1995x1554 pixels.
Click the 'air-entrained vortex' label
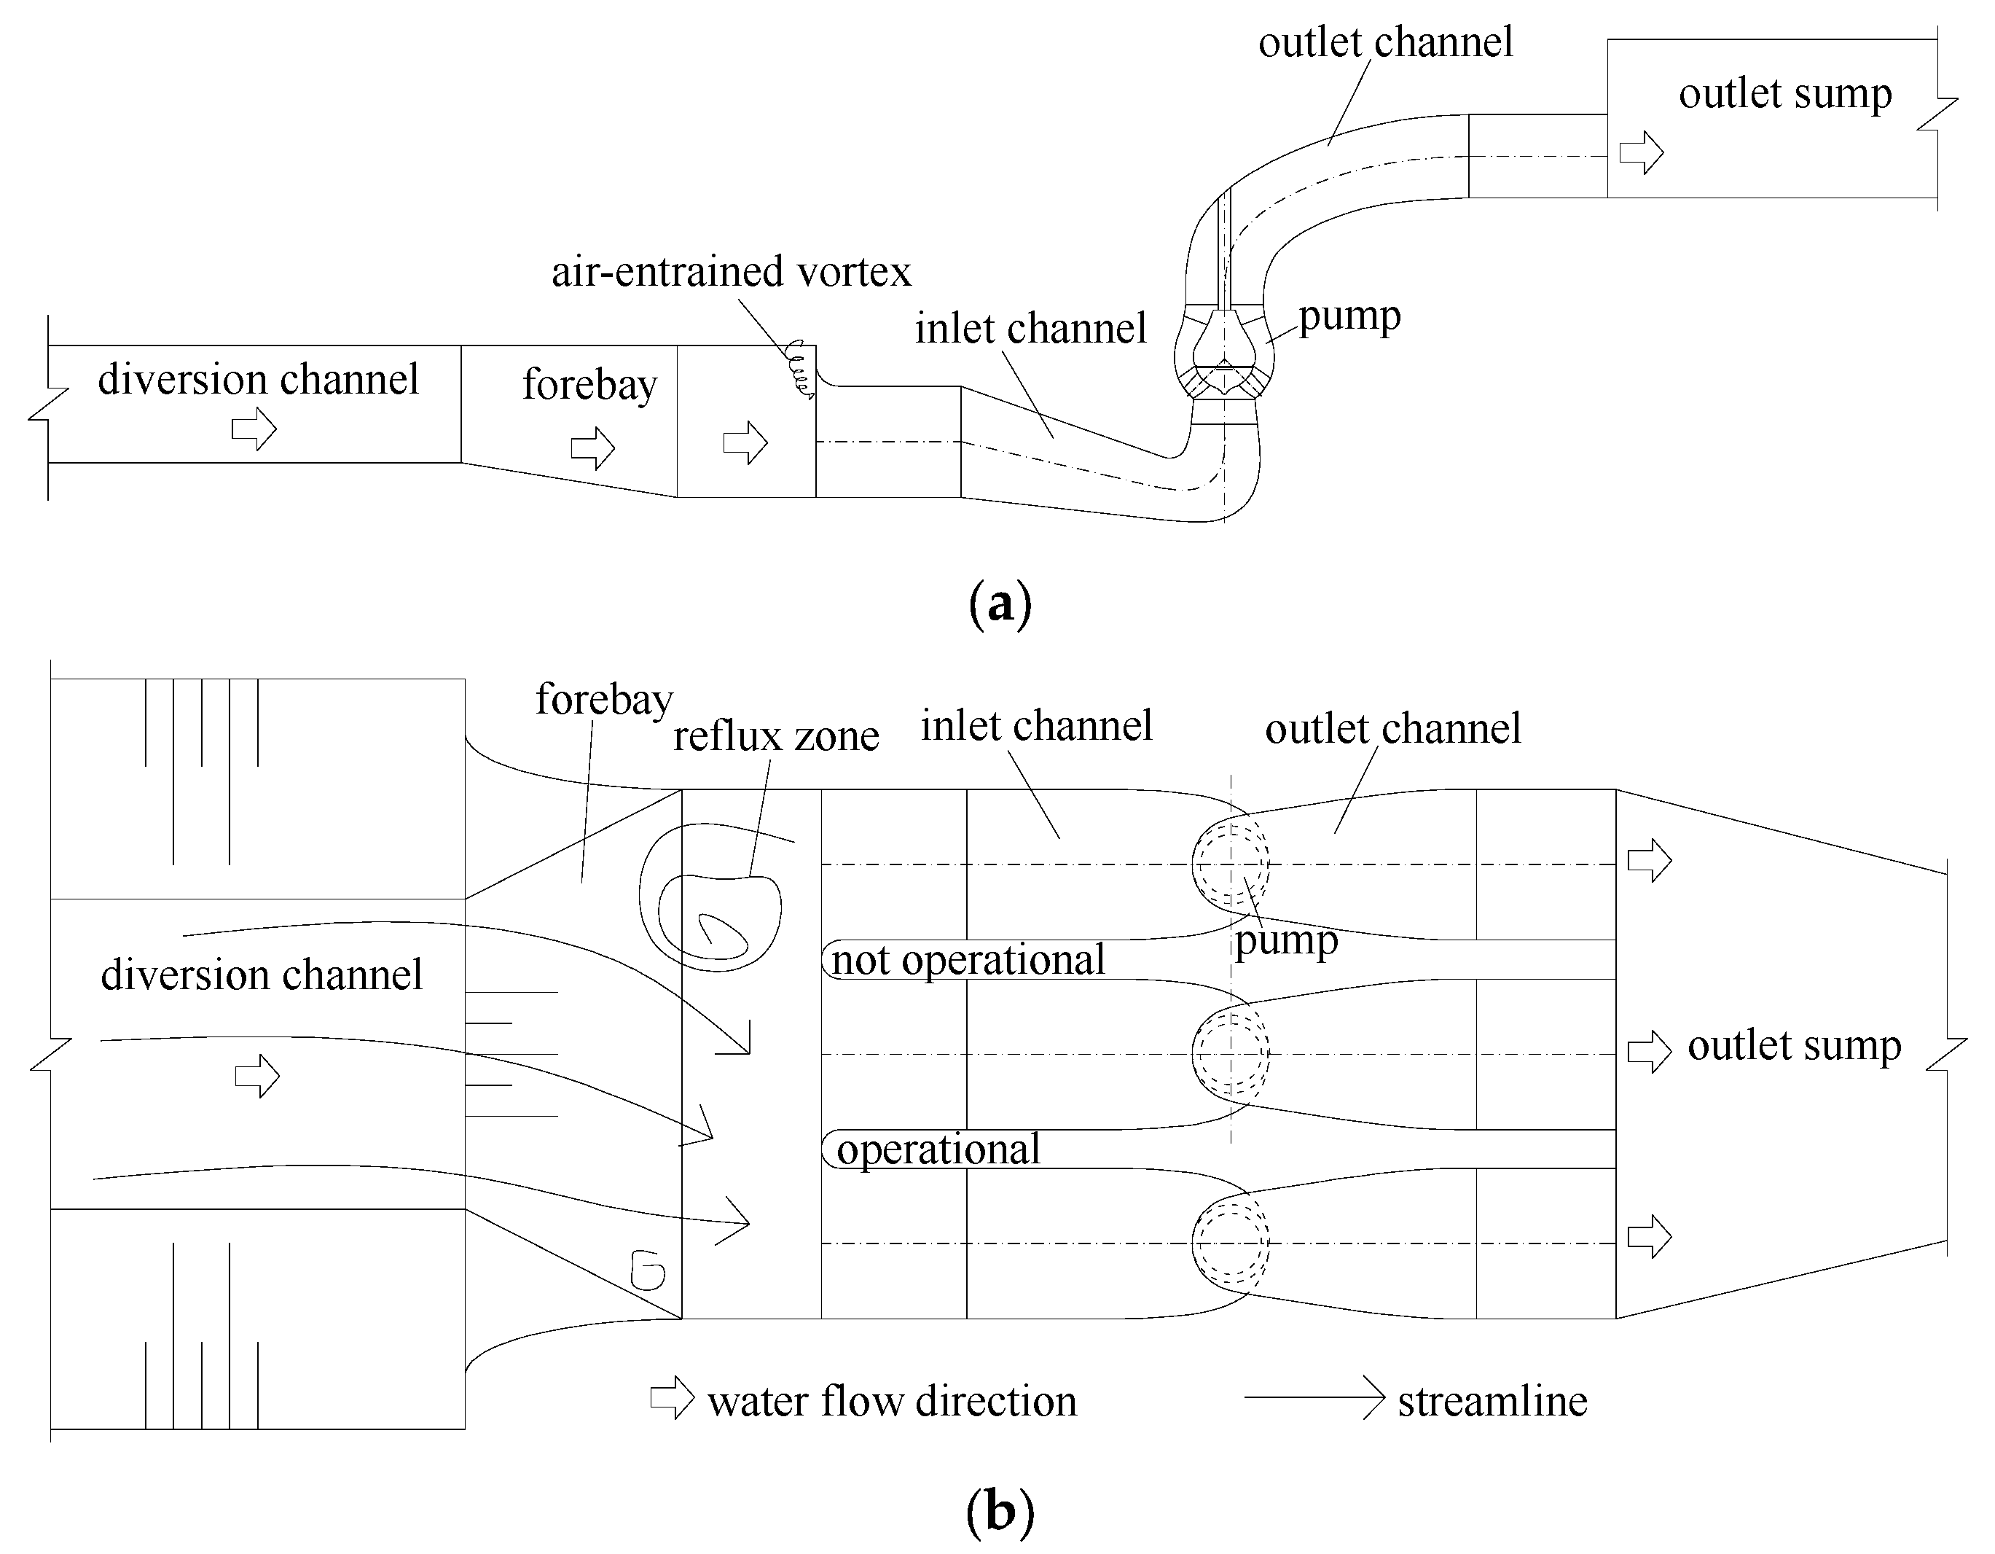pos(731,271)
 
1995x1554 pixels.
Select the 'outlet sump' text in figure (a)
pos(1784,94)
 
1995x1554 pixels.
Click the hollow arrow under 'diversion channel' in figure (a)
pos(254,429)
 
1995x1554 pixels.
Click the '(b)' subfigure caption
pos(1000,1512)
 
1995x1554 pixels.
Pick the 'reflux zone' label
pos(775,735)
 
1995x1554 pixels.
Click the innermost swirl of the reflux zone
pos(721,931)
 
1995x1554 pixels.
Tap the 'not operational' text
pos(968,960)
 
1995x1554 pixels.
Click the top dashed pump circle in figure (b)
pos(1231,863)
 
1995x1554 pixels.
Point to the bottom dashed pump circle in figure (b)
pos(1231,1243)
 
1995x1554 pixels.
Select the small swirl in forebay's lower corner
pos(648,1270)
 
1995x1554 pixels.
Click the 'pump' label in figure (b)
pos(1285,941)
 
